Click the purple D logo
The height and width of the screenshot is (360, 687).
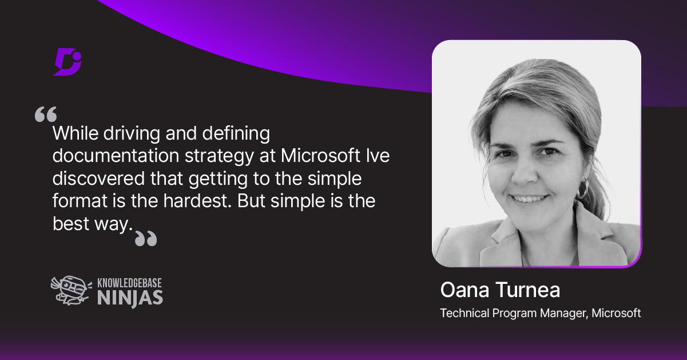(67, 62)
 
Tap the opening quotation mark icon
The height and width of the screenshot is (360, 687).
(46, 114)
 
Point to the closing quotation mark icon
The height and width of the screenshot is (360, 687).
(145, 238)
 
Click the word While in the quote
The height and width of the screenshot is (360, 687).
(76, 134)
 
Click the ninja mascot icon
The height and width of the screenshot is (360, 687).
(69, 290)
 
